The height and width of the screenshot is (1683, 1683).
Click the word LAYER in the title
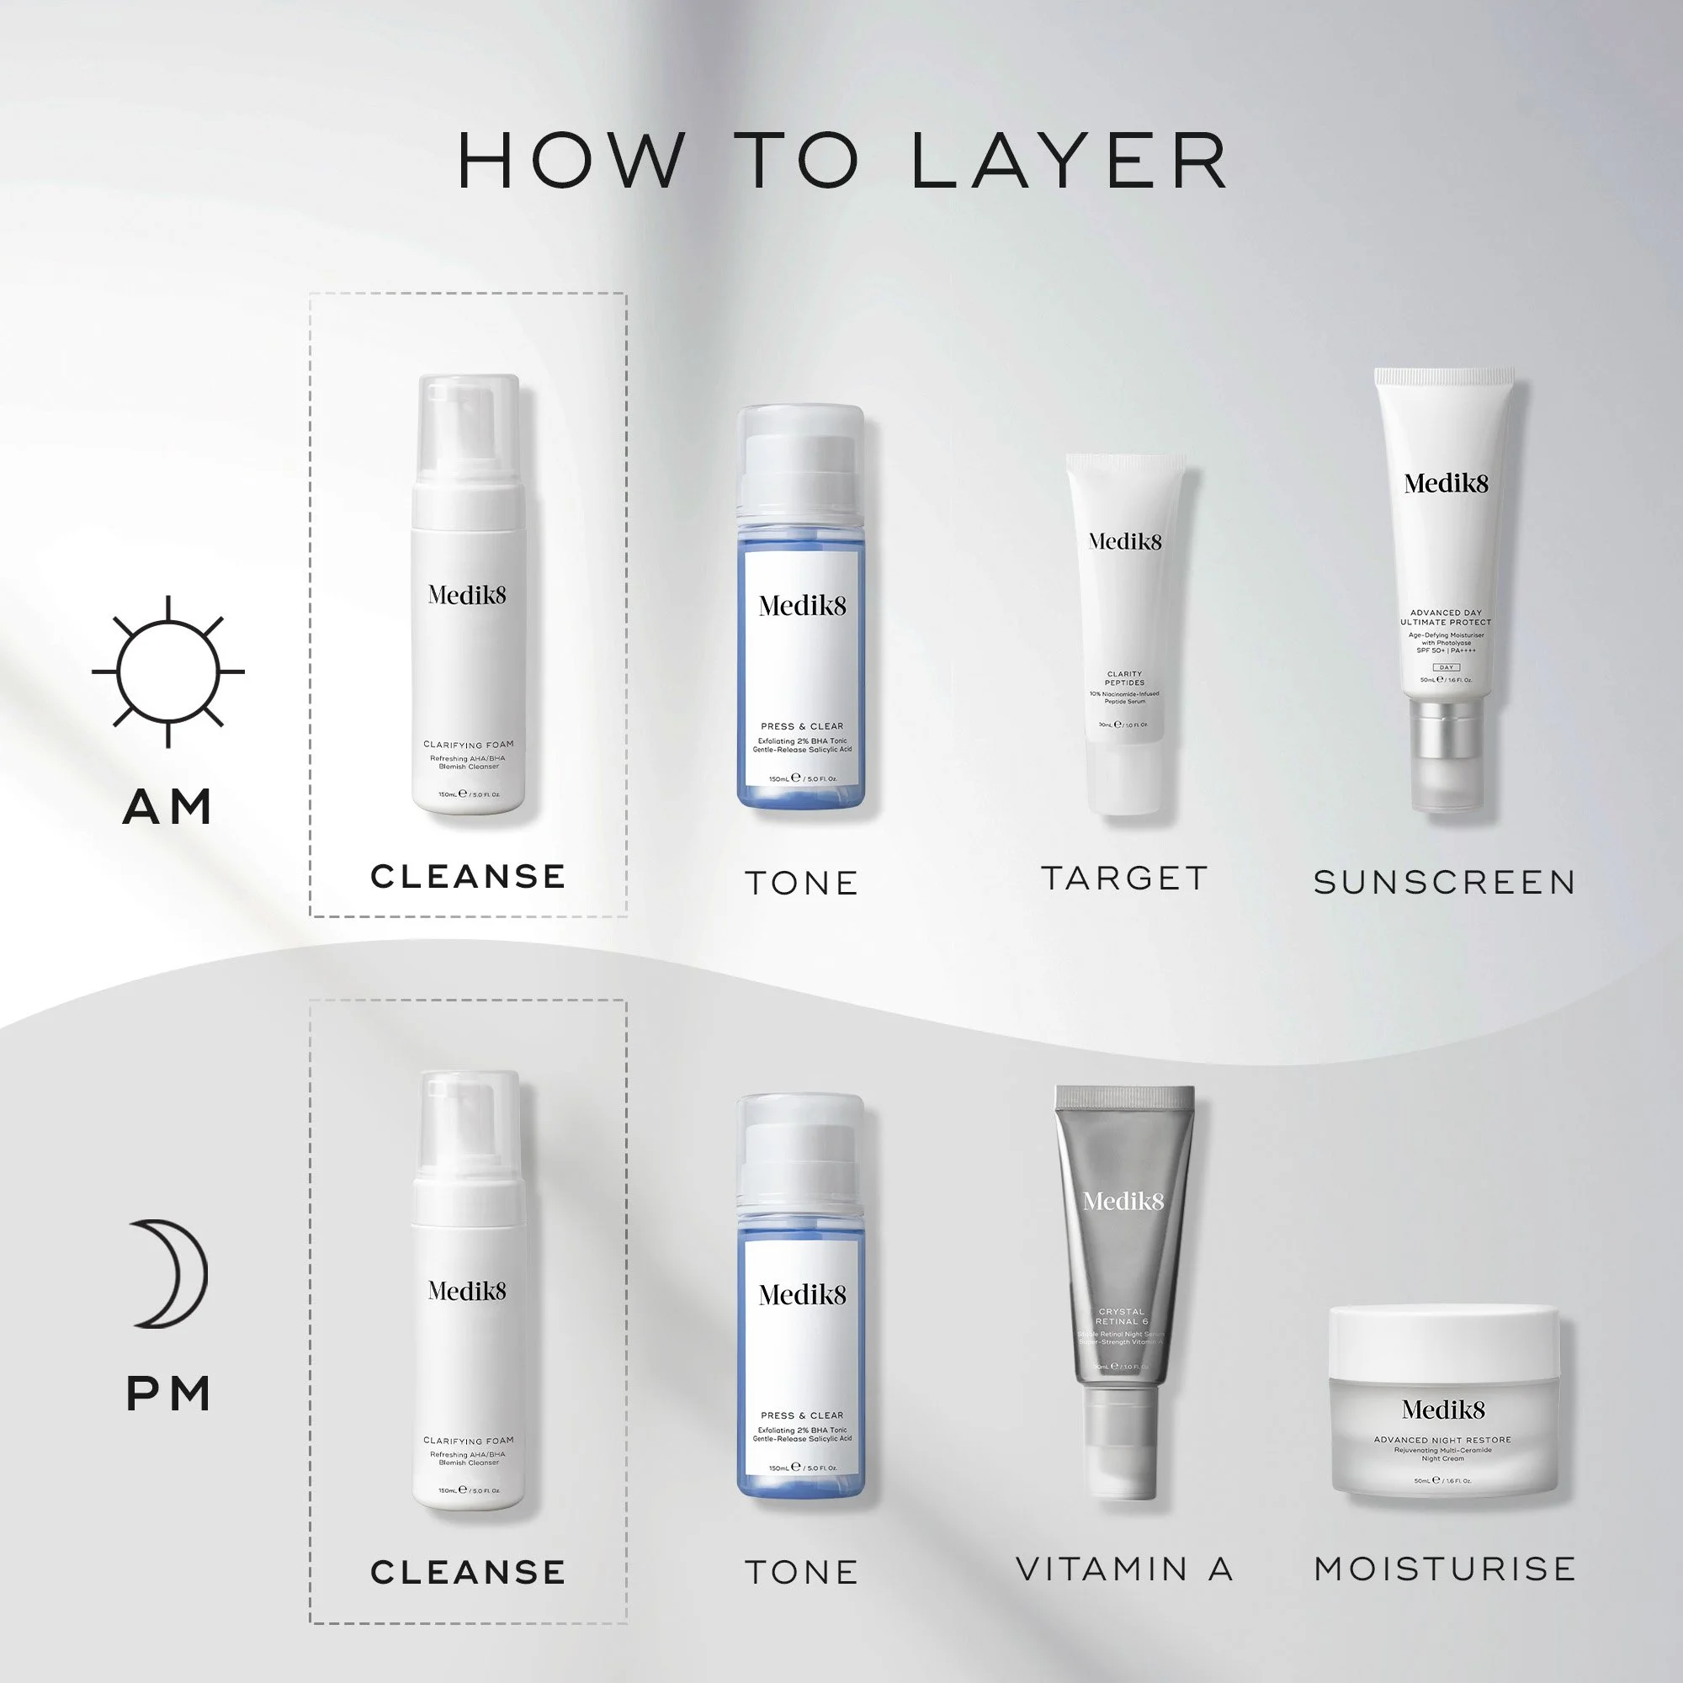(1069, 162)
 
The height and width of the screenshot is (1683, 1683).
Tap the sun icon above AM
(167, 672)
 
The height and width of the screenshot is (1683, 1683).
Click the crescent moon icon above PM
(170, 1272)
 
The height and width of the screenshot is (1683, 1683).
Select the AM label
(167, 807)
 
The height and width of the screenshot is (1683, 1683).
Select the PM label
(168, 1394)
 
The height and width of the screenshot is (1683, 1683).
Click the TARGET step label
(1124, 878)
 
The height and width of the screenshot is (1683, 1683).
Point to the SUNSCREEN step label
(1444, 883)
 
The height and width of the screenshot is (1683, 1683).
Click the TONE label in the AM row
(801, 884)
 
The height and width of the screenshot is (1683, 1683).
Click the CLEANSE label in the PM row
(468, 1573)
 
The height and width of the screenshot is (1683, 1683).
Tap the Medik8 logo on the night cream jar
(1442, 1410)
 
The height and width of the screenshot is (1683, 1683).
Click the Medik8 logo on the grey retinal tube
(1123, 1203)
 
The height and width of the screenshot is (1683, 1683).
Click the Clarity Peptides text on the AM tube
(1124, 677)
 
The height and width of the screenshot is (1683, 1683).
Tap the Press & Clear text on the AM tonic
(801, 725)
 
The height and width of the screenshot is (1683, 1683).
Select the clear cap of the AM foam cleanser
(469, 427)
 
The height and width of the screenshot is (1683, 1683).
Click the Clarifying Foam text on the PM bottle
(469, 1440)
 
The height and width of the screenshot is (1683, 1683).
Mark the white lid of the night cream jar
(1443, 1341)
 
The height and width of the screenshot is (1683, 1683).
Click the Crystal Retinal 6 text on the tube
(1122, 1316)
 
